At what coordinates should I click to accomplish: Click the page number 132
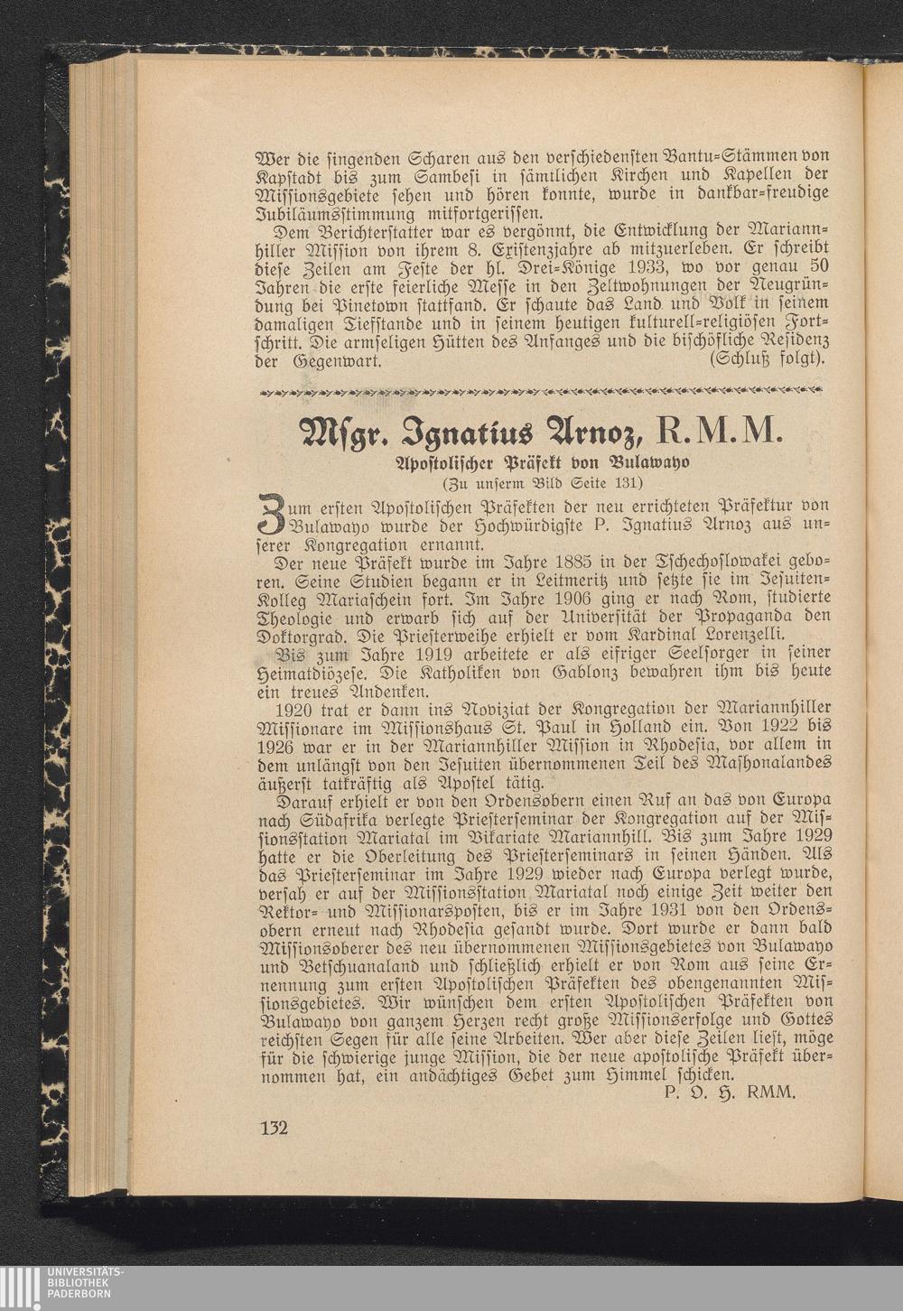(x=274, y=1128)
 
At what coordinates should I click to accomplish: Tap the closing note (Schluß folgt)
(x=768, y=360)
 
